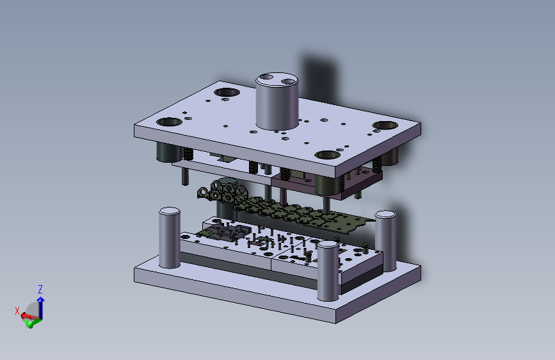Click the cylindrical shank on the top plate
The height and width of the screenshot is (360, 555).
point(277,102)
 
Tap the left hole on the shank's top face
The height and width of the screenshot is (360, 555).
point(266,77)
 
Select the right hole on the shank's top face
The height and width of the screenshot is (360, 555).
point(288,81)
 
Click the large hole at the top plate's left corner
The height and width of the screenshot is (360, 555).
point(169,122)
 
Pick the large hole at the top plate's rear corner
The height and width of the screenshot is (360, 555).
point(227,92)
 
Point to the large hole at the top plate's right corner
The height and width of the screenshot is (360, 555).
point(385,125)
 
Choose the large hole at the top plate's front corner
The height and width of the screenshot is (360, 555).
point(328,155)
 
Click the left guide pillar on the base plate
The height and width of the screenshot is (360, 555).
point(170,238)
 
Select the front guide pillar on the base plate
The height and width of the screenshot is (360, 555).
point(328,271)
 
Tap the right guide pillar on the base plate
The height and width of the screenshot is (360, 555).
point(385,241)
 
